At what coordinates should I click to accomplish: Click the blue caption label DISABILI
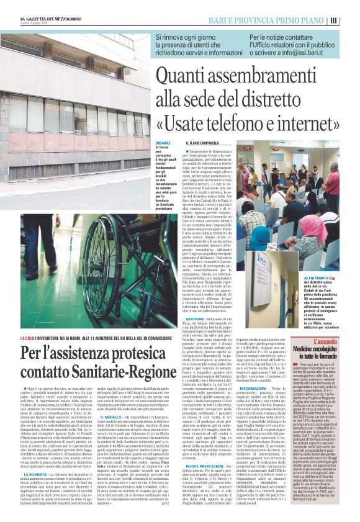pos(163,143)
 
